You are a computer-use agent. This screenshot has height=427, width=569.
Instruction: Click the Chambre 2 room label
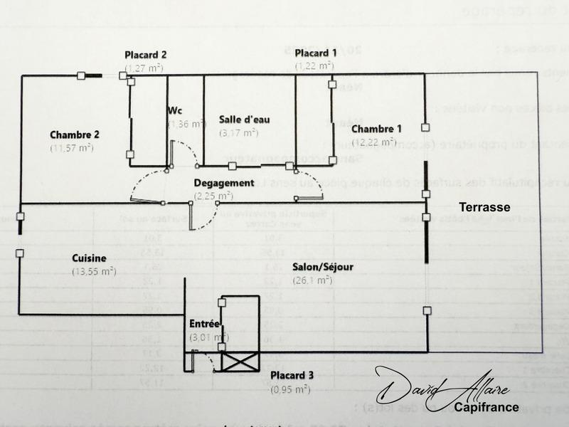(x=74, y=135)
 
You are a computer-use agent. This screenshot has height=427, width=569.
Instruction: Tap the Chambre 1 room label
(x=376, y=129)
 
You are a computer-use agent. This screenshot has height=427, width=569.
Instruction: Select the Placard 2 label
(x=145, y=55)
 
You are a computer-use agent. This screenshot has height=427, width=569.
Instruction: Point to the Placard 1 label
(x=316, y=53)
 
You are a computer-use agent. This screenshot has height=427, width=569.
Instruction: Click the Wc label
(x=176, y=111)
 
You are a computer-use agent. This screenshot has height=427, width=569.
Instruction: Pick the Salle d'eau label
(x=244, y=120)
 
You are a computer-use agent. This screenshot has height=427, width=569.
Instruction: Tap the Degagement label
(x=224, y=183)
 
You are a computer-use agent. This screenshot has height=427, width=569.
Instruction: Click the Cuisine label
(x=90, y=258)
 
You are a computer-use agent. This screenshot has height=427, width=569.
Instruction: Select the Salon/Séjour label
(x=323, y=268)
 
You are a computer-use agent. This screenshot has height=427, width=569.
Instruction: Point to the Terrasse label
(x=484, y=207)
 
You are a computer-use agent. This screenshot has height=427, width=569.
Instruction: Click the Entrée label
(x=204, y=324)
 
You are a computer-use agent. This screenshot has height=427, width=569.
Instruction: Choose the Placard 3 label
(x=289, y=376)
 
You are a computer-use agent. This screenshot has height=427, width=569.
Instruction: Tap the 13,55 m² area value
(x=93, y=271)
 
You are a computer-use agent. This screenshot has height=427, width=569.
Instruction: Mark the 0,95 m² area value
(x=289, y=389)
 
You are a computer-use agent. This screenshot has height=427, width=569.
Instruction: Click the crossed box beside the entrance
(x=240, y=362)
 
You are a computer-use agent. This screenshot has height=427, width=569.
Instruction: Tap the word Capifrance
(x=487, y=408)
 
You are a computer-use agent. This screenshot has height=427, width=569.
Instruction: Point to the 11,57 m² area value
(x=72, y=148)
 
